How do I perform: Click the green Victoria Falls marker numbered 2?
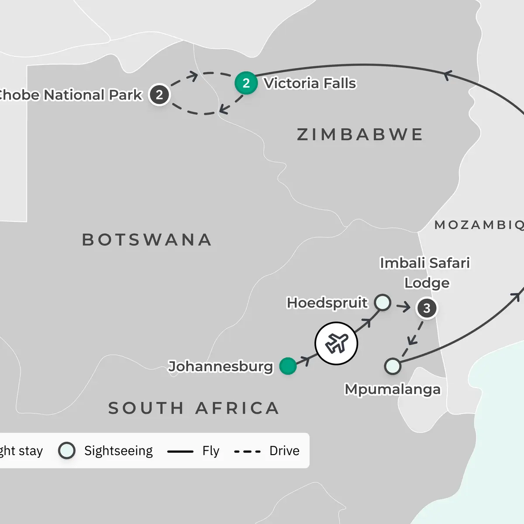[246, 83]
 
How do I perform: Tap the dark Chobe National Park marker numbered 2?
[159, 95]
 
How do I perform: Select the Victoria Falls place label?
[310, 83]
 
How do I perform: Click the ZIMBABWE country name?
[360, 134]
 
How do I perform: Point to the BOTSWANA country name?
[147, 240]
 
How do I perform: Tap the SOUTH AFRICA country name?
[193, 408]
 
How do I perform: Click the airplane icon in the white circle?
[336, 343]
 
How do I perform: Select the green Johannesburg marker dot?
[288, 366]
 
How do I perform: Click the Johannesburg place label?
[221, 366]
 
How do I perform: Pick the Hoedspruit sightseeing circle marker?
[383, 302]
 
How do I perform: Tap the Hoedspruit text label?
[327, 303]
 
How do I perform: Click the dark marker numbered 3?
[427, 308]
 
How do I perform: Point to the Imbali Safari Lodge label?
[425, 272]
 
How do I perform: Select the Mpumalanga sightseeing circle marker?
[393, 366]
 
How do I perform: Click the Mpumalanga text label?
[393, 389]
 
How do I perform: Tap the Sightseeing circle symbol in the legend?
[67, 451]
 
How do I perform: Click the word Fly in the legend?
[210, 451]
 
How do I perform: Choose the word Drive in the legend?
[284, 451]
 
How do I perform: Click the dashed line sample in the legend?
[247, 451]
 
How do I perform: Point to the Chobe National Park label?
[70, 95]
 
